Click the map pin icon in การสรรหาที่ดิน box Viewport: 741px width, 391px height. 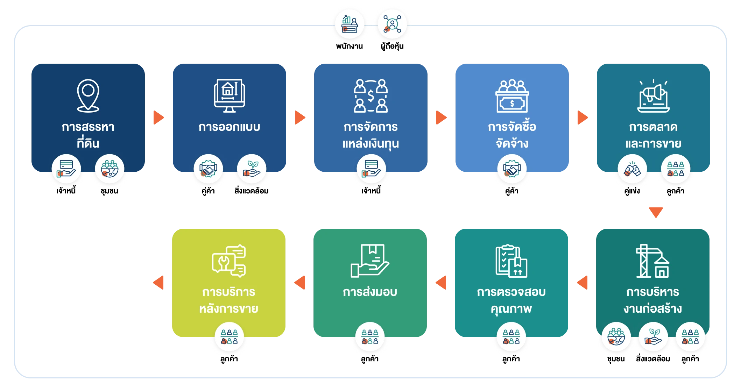88,95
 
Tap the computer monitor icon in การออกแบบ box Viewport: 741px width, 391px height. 230,95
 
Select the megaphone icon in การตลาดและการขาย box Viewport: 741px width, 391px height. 654,96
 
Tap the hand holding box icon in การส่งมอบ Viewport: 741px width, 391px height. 370,261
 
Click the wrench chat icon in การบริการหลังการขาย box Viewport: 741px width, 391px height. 229,261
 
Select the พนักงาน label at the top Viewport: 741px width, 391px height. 350,46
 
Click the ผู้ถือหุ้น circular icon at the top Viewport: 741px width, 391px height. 392,24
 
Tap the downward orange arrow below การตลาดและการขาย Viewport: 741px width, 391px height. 656,212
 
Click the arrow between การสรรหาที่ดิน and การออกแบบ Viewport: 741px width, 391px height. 159,118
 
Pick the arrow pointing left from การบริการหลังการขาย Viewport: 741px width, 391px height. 158,283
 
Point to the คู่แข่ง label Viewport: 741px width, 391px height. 632,191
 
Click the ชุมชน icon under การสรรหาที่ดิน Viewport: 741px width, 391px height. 110,169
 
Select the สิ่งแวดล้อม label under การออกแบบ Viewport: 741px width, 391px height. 252,191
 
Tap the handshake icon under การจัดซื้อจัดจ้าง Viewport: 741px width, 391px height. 512,169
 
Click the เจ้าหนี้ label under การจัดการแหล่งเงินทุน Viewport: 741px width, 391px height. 371,191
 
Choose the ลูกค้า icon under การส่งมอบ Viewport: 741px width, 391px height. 370,336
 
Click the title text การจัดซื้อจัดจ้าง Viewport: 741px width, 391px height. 512,135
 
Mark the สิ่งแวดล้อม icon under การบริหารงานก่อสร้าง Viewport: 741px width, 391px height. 653,336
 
